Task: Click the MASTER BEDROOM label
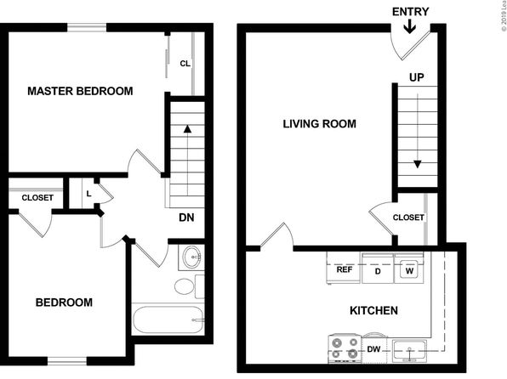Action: coord(80,91)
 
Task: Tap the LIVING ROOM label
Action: coord(320,124)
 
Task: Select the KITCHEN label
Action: coord(373,310)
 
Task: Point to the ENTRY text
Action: coord(411,12)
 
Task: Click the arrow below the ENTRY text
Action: coord(410,26)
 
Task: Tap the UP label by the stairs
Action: coord(417,77)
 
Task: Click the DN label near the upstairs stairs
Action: coord(186,218)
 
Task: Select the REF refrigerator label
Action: coord(345,269)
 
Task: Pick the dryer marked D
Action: coord(378,269)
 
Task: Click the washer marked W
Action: coord(409,269)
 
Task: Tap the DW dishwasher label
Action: coord(373,349)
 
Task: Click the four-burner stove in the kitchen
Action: coord(345,348)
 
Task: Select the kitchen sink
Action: coord(409,351)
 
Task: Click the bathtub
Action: coord(168,320)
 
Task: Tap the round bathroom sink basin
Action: coord(191,257)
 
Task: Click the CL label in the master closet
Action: coord(185,64)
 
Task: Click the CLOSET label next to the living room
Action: coord(408,218)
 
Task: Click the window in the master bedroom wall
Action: coord(87,27)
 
